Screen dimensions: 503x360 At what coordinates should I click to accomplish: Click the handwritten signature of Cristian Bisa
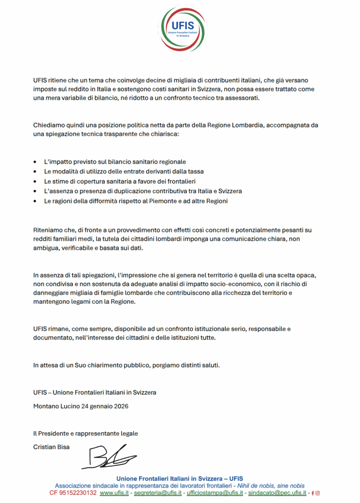[109, 457]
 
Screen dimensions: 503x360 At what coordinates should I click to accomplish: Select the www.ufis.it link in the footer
[114, 493]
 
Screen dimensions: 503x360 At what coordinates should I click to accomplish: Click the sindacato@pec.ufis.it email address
[277, 493]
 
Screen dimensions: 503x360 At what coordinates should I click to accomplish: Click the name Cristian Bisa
[51, 447]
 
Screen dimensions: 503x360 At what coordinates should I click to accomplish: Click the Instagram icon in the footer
[318, 493]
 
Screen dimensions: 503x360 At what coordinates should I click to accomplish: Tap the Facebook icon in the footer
[313, 493]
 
